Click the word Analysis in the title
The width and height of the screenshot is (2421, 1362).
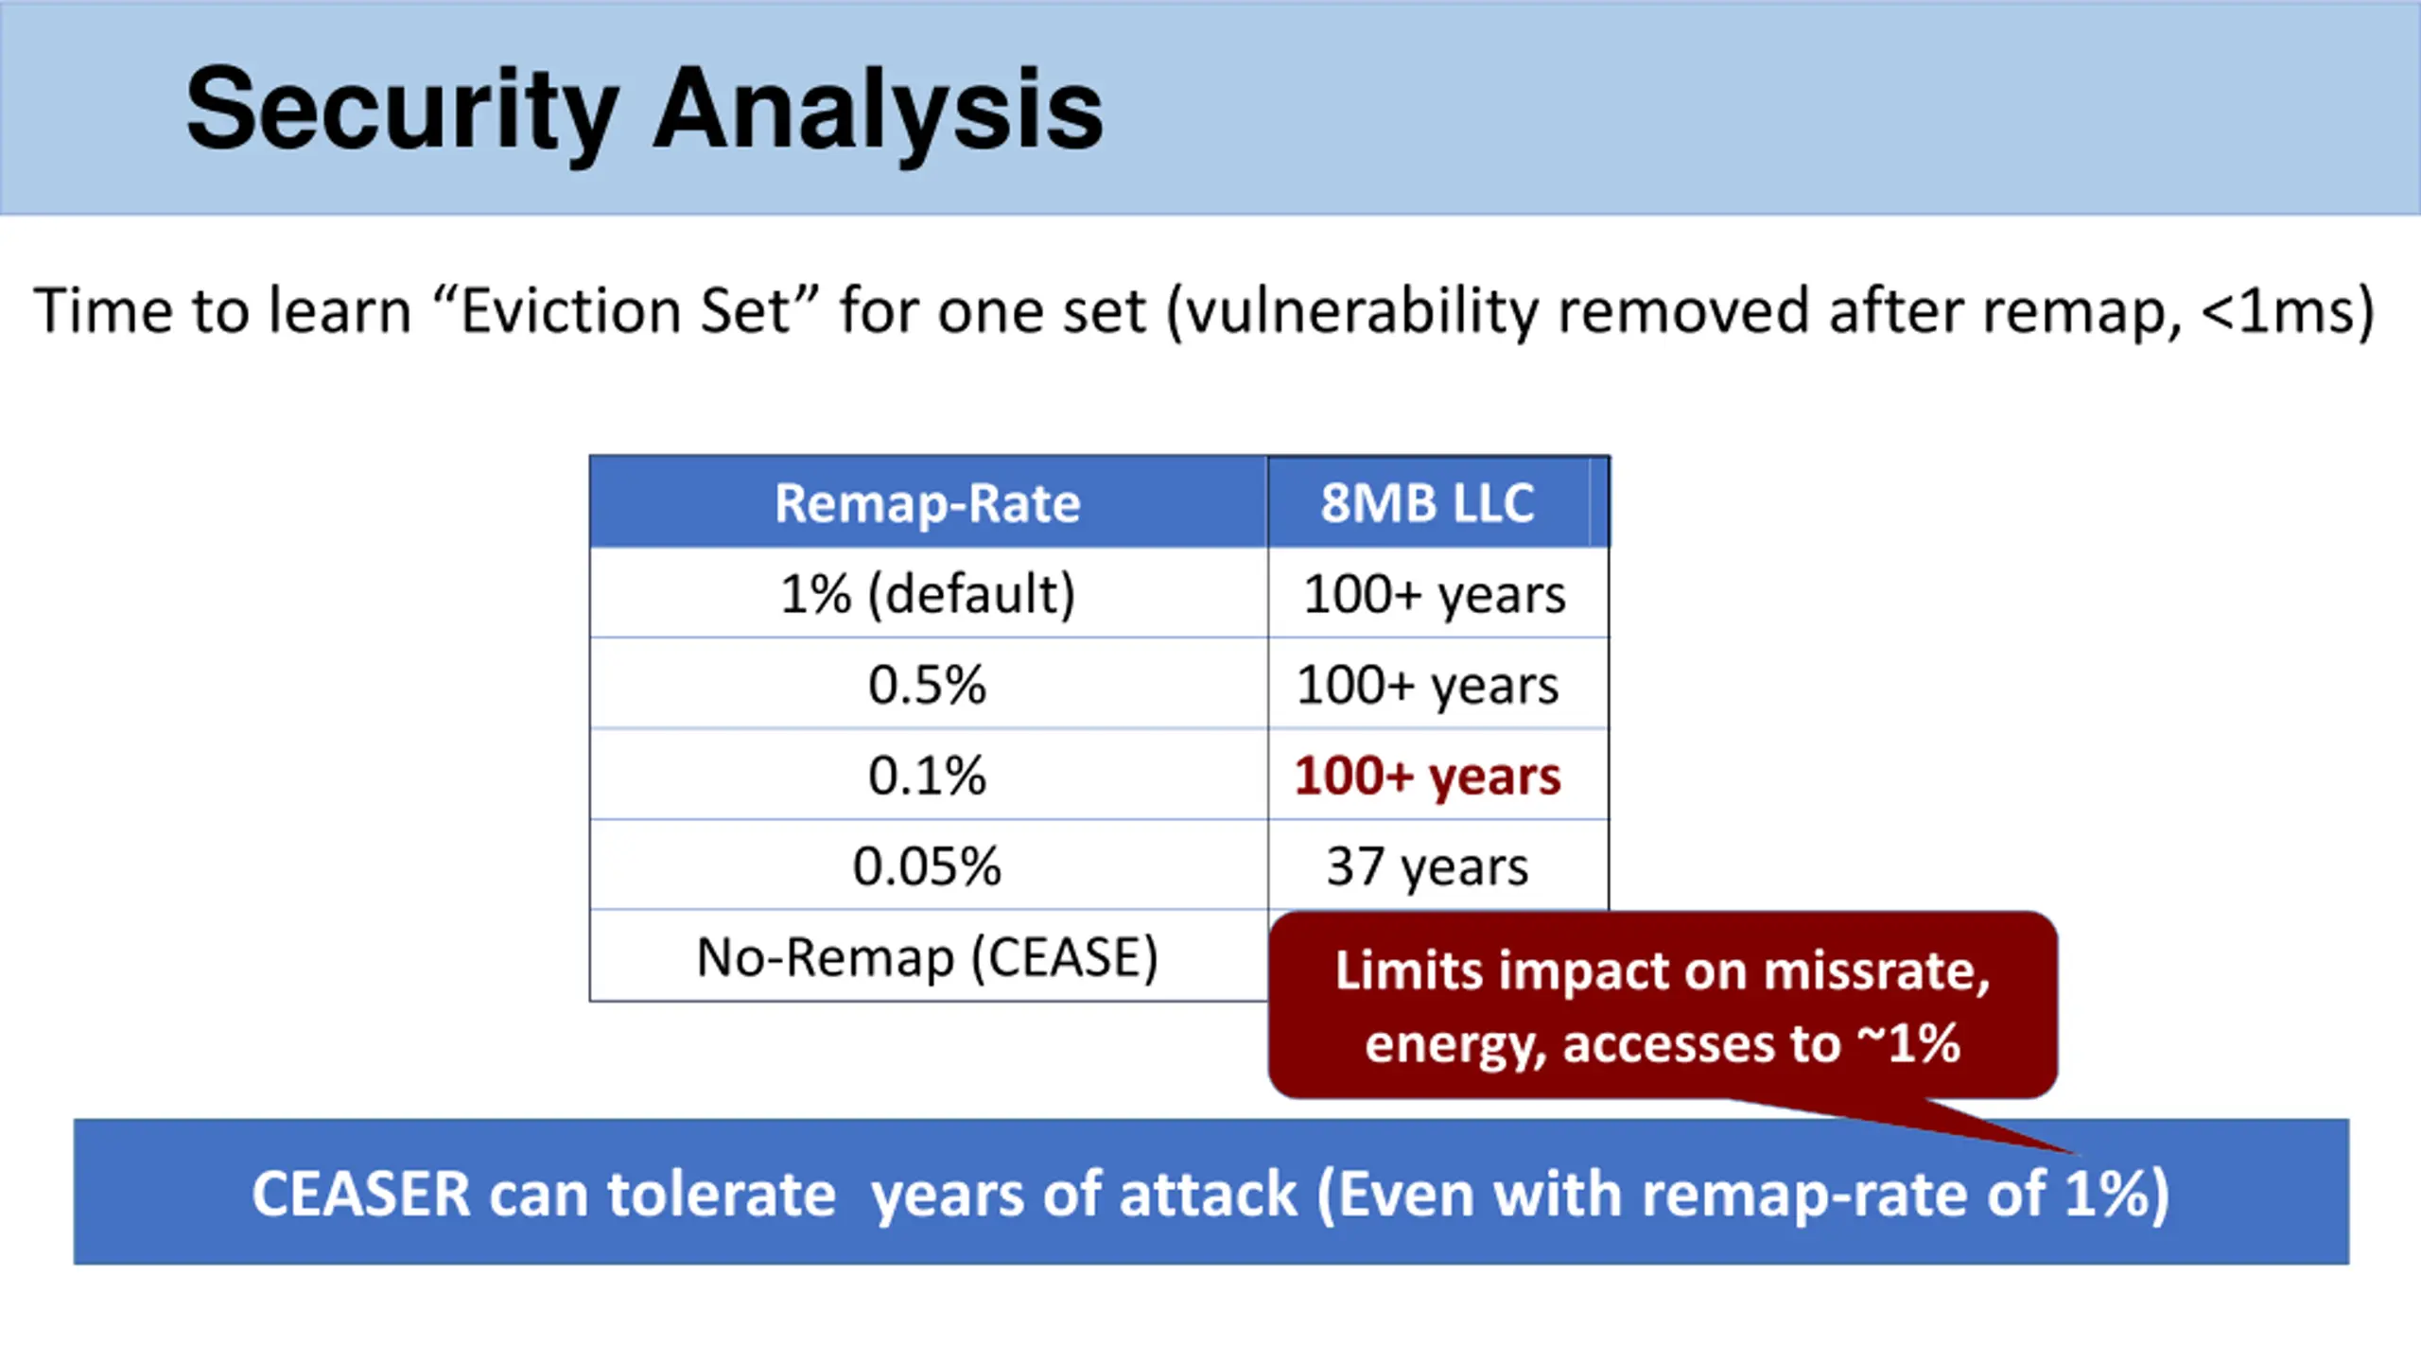point(879,110)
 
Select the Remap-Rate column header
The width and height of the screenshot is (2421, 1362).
point(928,502)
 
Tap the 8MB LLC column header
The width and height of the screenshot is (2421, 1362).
point(1427,502)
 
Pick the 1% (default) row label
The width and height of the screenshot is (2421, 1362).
point(928,594)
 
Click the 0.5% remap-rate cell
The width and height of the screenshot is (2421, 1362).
point(928,685)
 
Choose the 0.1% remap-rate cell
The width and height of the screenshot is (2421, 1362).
point(928,776)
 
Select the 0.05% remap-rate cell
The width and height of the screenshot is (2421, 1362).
point(928,866)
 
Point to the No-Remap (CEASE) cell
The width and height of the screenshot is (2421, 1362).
point(928,957)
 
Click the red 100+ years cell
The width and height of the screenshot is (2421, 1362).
point(1427,777)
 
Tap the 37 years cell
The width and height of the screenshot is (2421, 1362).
point(1427,867)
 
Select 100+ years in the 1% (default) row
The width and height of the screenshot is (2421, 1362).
point(1434,595)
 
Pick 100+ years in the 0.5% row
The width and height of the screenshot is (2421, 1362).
point(1427,686)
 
